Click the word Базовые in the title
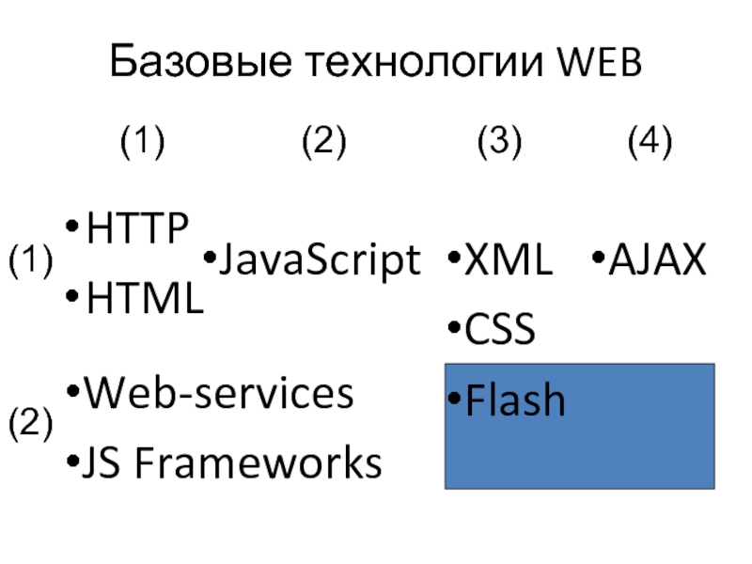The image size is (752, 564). point(200,60)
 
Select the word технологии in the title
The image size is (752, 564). point(425,63)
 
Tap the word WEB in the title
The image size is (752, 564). point(600,62)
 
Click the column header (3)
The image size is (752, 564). point(499,141)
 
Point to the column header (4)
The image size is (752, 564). point(650,141)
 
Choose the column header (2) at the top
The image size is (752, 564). point(323,141)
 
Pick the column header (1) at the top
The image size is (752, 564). point(143,141)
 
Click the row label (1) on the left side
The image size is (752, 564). point(31,260)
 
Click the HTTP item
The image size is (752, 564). point(136,227)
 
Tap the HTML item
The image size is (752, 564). point(145,298)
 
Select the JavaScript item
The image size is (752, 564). point(320,259)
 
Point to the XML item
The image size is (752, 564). point(509,259)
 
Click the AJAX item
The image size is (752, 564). point(657,259)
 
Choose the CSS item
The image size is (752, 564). point(500,329)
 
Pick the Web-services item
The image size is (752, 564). point(219,393)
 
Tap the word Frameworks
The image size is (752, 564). point(258,462)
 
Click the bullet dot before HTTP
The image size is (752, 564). point(71,226)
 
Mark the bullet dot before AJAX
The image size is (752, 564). point(598,258)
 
